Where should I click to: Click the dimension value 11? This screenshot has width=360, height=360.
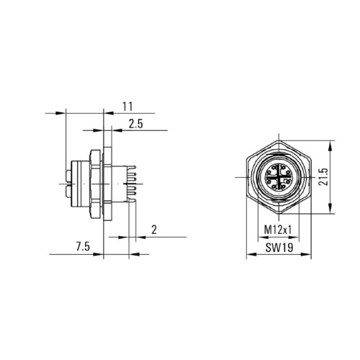(127, 107)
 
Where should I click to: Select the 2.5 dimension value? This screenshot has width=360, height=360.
(135, 124)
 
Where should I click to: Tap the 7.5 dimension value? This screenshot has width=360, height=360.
(83, 247)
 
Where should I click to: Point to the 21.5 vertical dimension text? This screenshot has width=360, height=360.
(323, 176)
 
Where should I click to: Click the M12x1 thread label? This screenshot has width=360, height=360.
(278, 230)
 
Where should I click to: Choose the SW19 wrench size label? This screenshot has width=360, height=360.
(279, 248)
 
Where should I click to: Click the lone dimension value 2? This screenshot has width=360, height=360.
(154, 230)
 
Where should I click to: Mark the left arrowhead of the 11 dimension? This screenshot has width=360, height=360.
(60, 113)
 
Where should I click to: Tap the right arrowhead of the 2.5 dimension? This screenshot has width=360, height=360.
(117, 130)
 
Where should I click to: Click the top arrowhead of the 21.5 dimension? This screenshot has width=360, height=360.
(330, 145)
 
